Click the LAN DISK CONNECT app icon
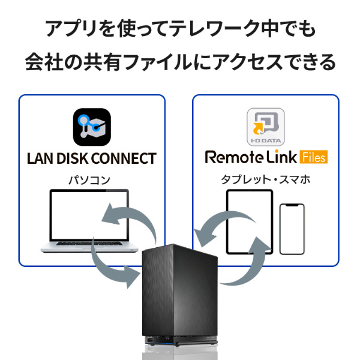point(92,127)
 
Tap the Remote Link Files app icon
point(266,127)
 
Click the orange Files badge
point(314,157)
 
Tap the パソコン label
point(89,180)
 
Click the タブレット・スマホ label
point(266,179)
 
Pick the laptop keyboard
point(89,244)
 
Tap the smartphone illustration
point(292,229)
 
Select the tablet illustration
point(250,222)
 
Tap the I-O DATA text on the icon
point(266,140)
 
